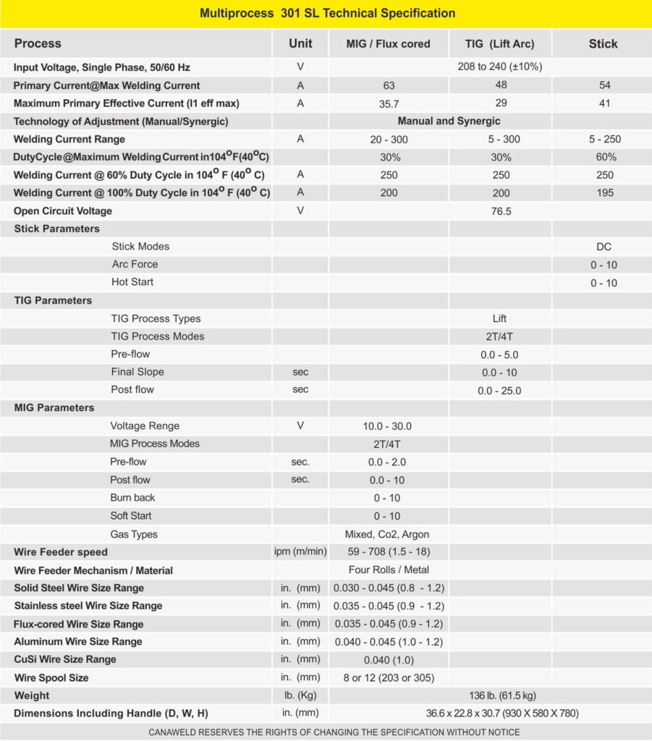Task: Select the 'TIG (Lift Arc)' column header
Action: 499,43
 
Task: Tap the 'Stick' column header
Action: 602,43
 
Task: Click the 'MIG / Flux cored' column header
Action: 389,43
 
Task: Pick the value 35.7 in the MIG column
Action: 389,103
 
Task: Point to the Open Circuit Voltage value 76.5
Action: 500,211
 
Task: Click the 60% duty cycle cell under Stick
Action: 602,157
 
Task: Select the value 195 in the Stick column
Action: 602,193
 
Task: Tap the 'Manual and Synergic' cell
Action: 449,122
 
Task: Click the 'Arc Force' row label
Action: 135,264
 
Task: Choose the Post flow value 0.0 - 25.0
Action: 499,391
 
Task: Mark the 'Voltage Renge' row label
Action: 145,426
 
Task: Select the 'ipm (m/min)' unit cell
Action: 300,552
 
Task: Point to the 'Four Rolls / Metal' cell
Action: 389,570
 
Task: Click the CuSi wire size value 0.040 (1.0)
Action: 389,660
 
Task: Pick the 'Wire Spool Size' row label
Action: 51,678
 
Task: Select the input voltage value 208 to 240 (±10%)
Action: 500,67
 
